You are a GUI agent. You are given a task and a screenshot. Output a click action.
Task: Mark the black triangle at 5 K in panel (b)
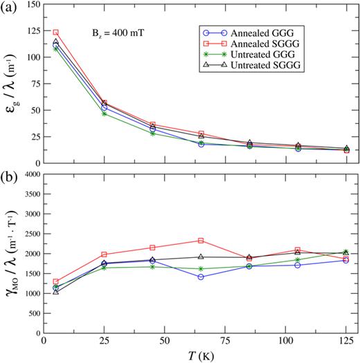[x=56, y=292]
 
